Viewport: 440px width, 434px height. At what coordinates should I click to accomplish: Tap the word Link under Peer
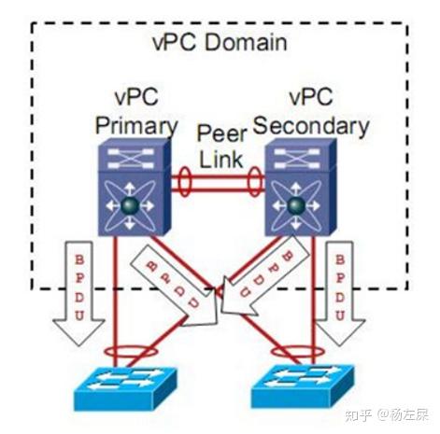(221, 156)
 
